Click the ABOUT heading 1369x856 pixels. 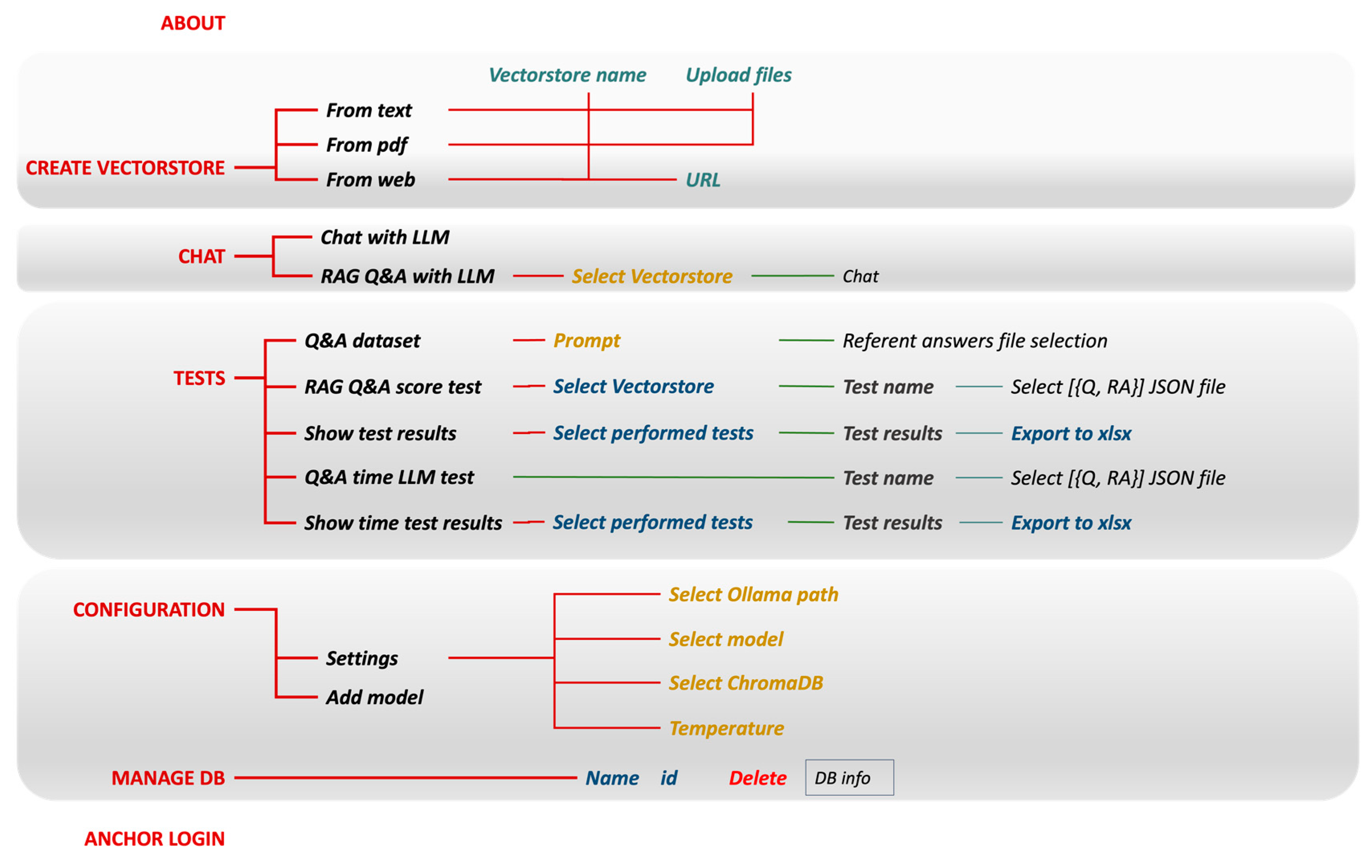(192, 23)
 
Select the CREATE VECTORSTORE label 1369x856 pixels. (125, 168)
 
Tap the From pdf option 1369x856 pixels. (367, 145)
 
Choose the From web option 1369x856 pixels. (370, 180)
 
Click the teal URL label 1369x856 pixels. (703, 180)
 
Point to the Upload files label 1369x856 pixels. (738, 75)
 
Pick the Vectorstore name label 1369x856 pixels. (567, 75)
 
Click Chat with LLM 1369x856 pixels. (385, 237)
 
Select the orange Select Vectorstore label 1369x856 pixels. (652, 276)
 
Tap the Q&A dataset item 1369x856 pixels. (362, 341)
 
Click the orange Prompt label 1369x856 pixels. (586, 341)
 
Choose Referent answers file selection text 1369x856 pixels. (975, 341)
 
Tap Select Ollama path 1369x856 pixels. (753, 594)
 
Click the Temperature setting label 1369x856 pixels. (726, 728)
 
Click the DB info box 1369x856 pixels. (849, 778)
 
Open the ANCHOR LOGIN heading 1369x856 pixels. (154, 838)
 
